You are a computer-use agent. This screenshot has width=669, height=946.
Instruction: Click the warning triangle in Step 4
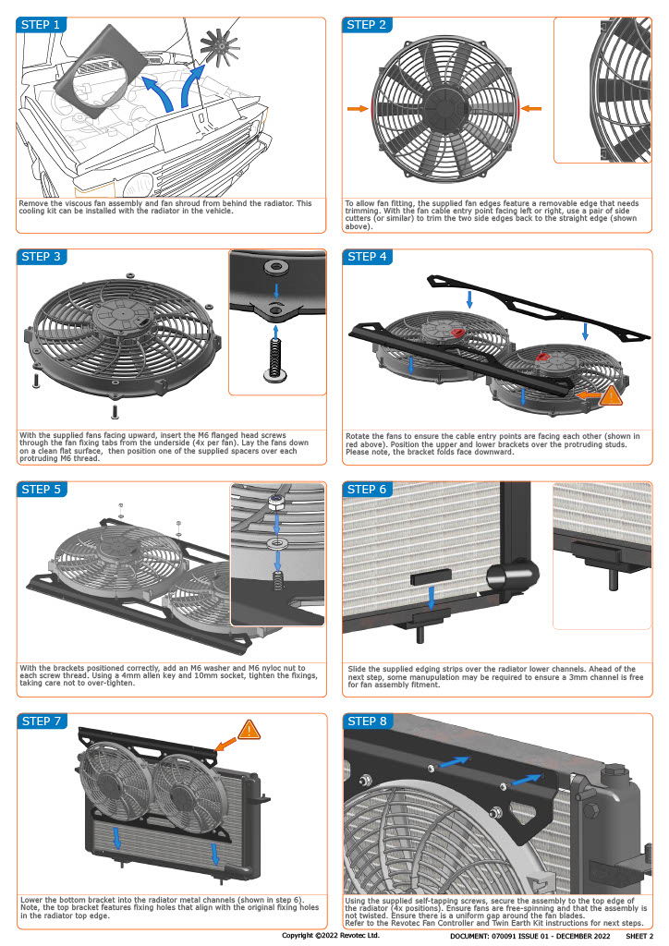click(x=611, y=396)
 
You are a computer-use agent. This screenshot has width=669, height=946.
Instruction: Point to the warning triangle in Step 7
click(x=249, y=730)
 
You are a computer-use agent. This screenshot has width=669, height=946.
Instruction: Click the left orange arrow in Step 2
click(x=357, y=109)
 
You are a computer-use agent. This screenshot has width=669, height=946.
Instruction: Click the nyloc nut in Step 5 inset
click(x=274, y=505)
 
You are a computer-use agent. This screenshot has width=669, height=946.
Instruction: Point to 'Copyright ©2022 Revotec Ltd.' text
click(x=331, y=935)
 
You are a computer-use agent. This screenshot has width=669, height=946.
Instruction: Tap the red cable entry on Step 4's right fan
click(x=542, y=354)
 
